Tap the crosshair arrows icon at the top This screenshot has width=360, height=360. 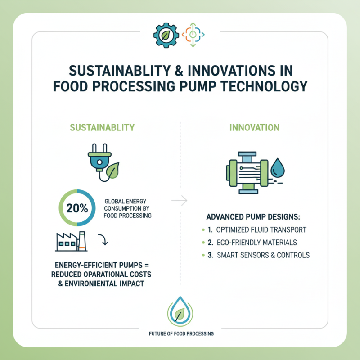click(x=193, y=34)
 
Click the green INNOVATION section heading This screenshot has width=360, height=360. click(x=255, y=127)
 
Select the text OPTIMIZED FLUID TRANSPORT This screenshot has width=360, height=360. click(x=261, y=229)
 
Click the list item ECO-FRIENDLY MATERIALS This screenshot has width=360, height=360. click(x=256, y=242)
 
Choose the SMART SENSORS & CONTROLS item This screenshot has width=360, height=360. click(x=263, y=255)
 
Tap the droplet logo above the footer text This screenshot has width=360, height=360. click(x=180, y=311)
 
